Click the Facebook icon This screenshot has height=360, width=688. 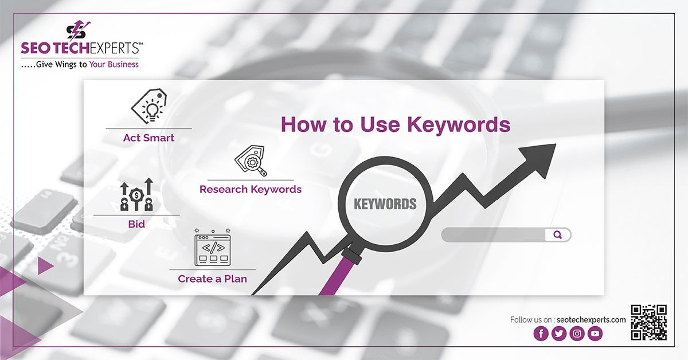541,333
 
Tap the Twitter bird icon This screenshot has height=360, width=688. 559,333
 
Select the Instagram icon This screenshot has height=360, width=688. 577,333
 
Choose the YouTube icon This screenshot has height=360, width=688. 595,333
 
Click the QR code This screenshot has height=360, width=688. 648,322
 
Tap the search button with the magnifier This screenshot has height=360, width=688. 558,235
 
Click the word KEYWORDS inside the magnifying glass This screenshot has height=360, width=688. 385,204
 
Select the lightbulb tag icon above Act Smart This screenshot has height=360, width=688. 149,106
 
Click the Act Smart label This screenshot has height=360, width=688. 148,138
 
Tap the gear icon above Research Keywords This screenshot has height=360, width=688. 251,161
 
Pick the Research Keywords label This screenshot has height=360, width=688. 251,189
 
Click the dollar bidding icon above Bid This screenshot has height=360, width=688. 136,194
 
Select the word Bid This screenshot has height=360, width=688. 136,224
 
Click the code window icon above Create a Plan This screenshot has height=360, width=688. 213,247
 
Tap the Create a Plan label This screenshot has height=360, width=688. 212,279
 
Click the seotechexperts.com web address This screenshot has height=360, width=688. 591,320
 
